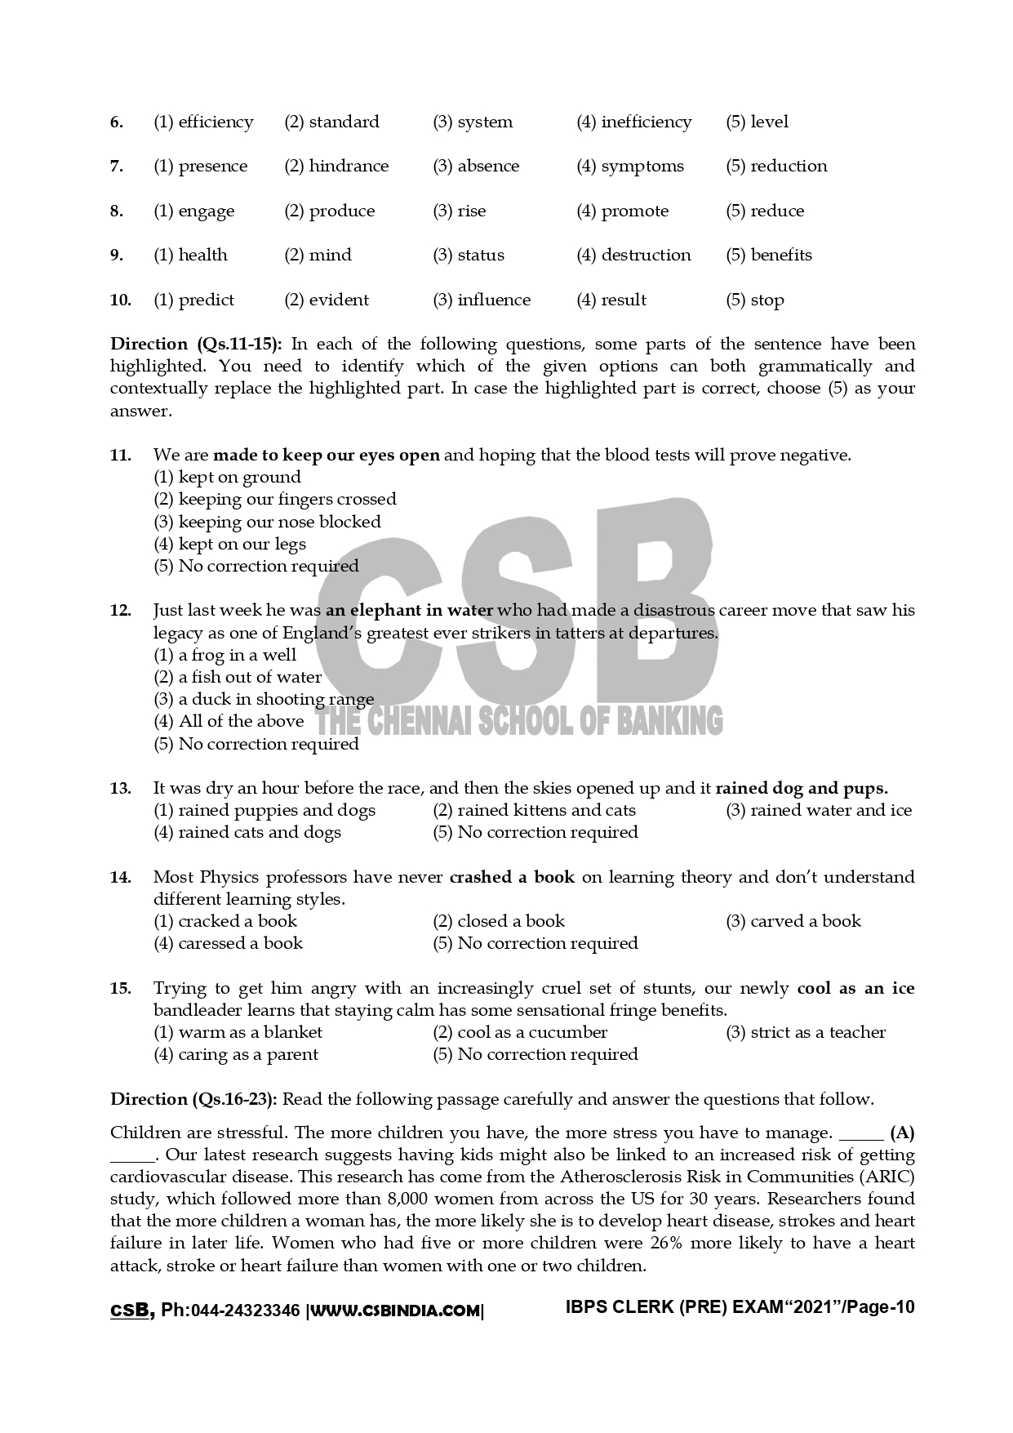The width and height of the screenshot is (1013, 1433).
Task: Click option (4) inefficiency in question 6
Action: click(633, 122)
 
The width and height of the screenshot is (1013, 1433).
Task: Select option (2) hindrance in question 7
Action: click(336, 167)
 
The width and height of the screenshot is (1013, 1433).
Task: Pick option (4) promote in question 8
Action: click(622, 211)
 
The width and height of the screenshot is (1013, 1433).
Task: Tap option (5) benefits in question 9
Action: click(768, 256)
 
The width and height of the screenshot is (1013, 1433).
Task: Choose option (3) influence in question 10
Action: click(482, 300)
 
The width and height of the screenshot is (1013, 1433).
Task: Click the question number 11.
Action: click(120, 456)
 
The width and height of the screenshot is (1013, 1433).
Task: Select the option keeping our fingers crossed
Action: click(275, 500)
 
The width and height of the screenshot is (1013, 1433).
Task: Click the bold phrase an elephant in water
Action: click(409, 611)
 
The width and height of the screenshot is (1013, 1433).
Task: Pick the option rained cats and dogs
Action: click(247, 833)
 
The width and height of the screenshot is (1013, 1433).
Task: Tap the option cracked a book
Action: click(225, 922)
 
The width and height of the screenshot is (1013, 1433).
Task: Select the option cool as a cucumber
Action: click(520, 1033)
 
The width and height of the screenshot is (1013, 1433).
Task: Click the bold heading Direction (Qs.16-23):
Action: click(193, 1100)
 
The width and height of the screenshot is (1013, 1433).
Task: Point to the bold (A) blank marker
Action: click(902, 1133)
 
